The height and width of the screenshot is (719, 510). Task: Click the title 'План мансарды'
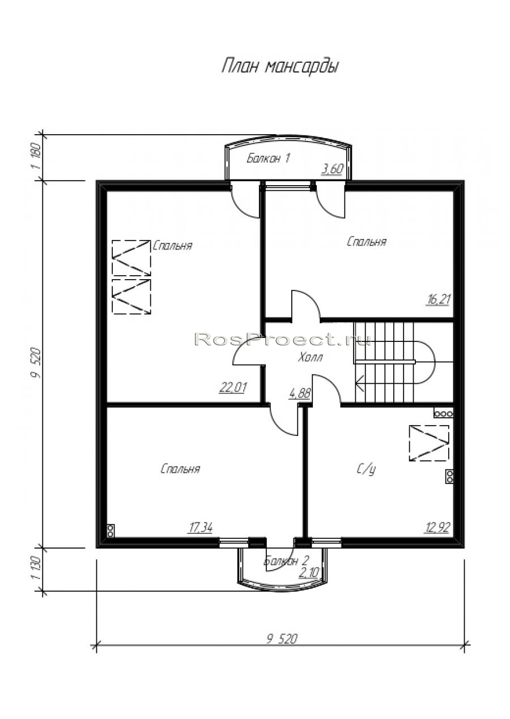click(x=280, y=67)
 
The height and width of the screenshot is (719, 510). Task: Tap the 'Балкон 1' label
click(x=269, y=158)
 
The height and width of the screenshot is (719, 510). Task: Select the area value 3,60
click(x=333, y=169)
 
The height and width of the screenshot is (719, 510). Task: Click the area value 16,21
click(x=437, y=300)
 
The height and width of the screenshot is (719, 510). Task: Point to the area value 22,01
click(x=233, y=388)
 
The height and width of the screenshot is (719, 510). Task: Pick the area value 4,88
click(x=300, y=393)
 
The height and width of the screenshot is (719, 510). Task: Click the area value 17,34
click(x=201, y=528)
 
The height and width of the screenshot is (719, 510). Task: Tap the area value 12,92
click(x=437, y=528)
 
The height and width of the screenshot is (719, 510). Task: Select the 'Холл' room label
click(x=310, y=357)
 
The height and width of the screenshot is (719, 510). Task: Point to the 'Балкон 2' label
click(x=286, y=561)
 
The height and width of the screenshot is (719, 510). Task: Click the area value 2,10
click(x=308, y=572)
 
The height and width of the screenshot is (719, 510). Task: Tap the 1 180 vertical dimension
click(x=36, y=157)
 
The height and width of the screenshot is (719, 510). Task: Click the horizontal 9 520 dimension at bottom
click(x=282, y=639)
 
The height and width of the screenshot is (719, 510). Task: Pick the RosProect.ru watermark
click(x=283, y=339)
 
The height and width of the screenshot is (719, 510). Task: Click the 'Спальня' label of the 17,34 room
click(x=180, y=469)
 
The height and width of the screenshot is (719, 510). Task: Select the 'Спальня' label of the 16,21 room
click(x=367, y=241)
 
